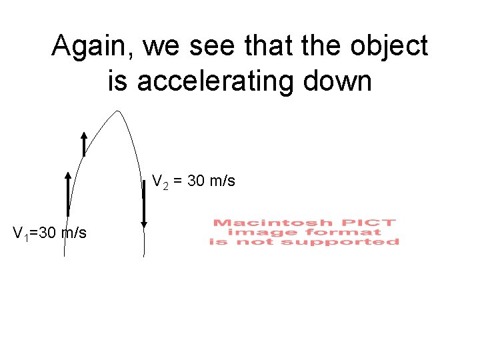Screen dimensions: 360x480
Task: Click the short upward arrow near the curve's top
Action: [x=84, y=143]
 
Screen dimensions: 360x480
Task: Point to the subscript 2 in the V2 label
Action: [x=164, y=185]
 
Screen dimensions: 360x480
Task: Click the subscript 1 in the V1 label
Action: [x=25, y=236]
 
